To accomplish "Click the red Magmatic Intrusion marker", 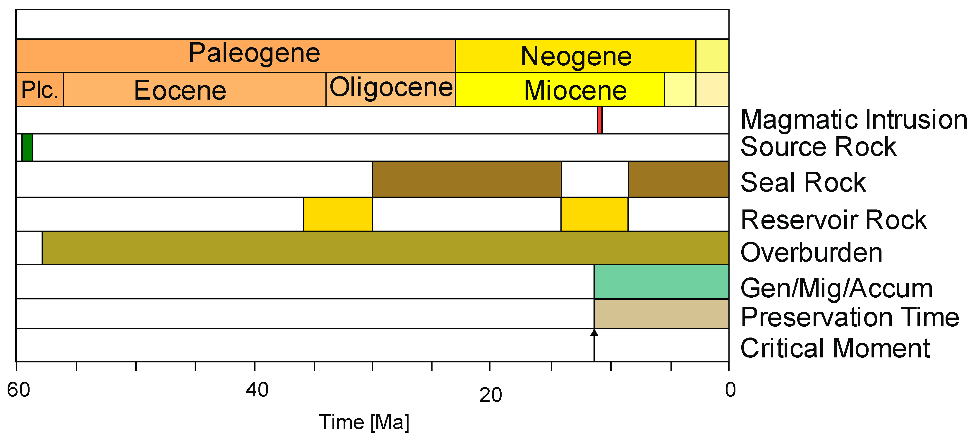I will (x=600, y=120).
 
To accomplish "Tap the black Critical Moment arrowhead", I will (x=594, y=333).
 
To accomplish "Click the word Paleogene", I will (x=254, y=53).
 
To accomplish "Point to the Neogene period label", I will (x=576, y=56).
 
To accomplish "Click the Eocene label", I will (x=180, y=90).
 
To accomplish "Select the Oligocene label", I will (x=391, y=87).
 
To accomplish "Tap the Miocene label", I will (x=575, y=90).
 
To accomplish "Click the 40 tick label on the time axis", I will (x=257, y=390).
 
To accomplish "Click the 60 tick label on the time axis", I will (x=18, y=390).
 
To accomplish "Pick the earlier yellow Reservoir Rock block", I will (x=338, y=214).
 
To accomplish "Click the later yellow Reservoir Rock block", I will (x=594, y=214).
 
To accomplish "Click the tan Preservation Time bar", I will (x=661, y=313).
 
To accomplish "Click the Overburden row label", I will (x=811, y=253).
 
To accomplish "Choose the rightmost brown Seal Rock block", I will (x=678, y=179).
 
